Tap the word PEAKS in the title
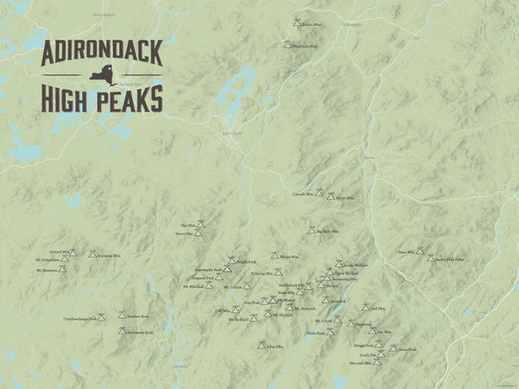127,99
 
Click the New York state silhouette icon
100,79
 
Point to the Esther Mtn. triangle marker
297,22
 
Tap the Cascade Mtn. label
303,194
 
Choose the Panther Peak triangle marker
122,315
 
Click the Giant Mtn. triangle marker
420,252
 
